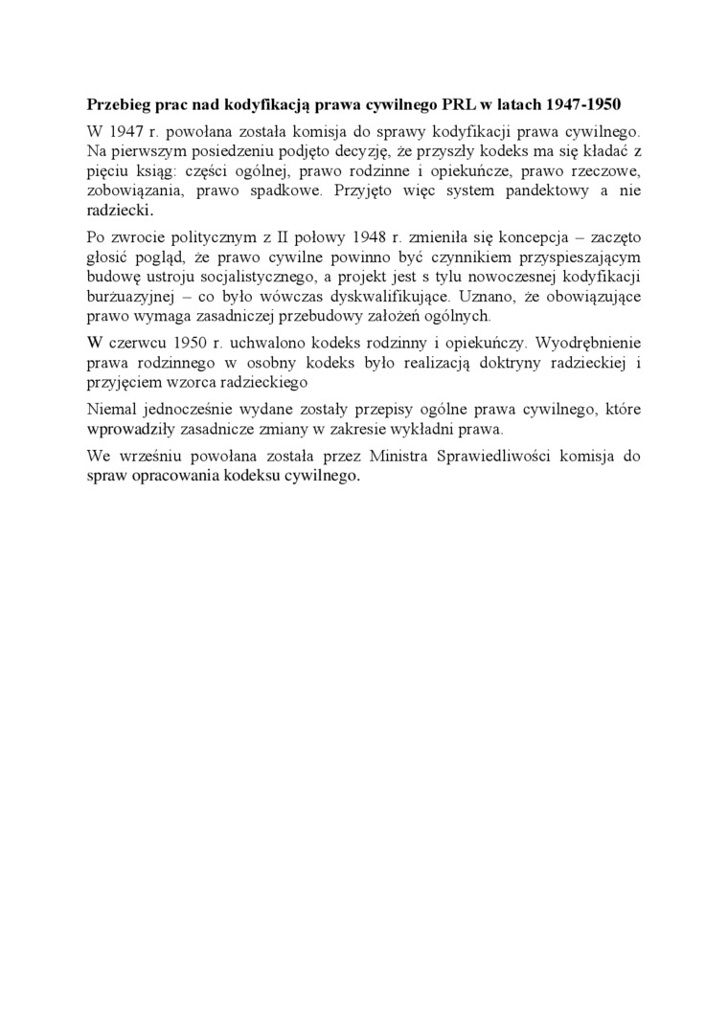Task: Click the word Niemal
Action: (112, 409)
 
